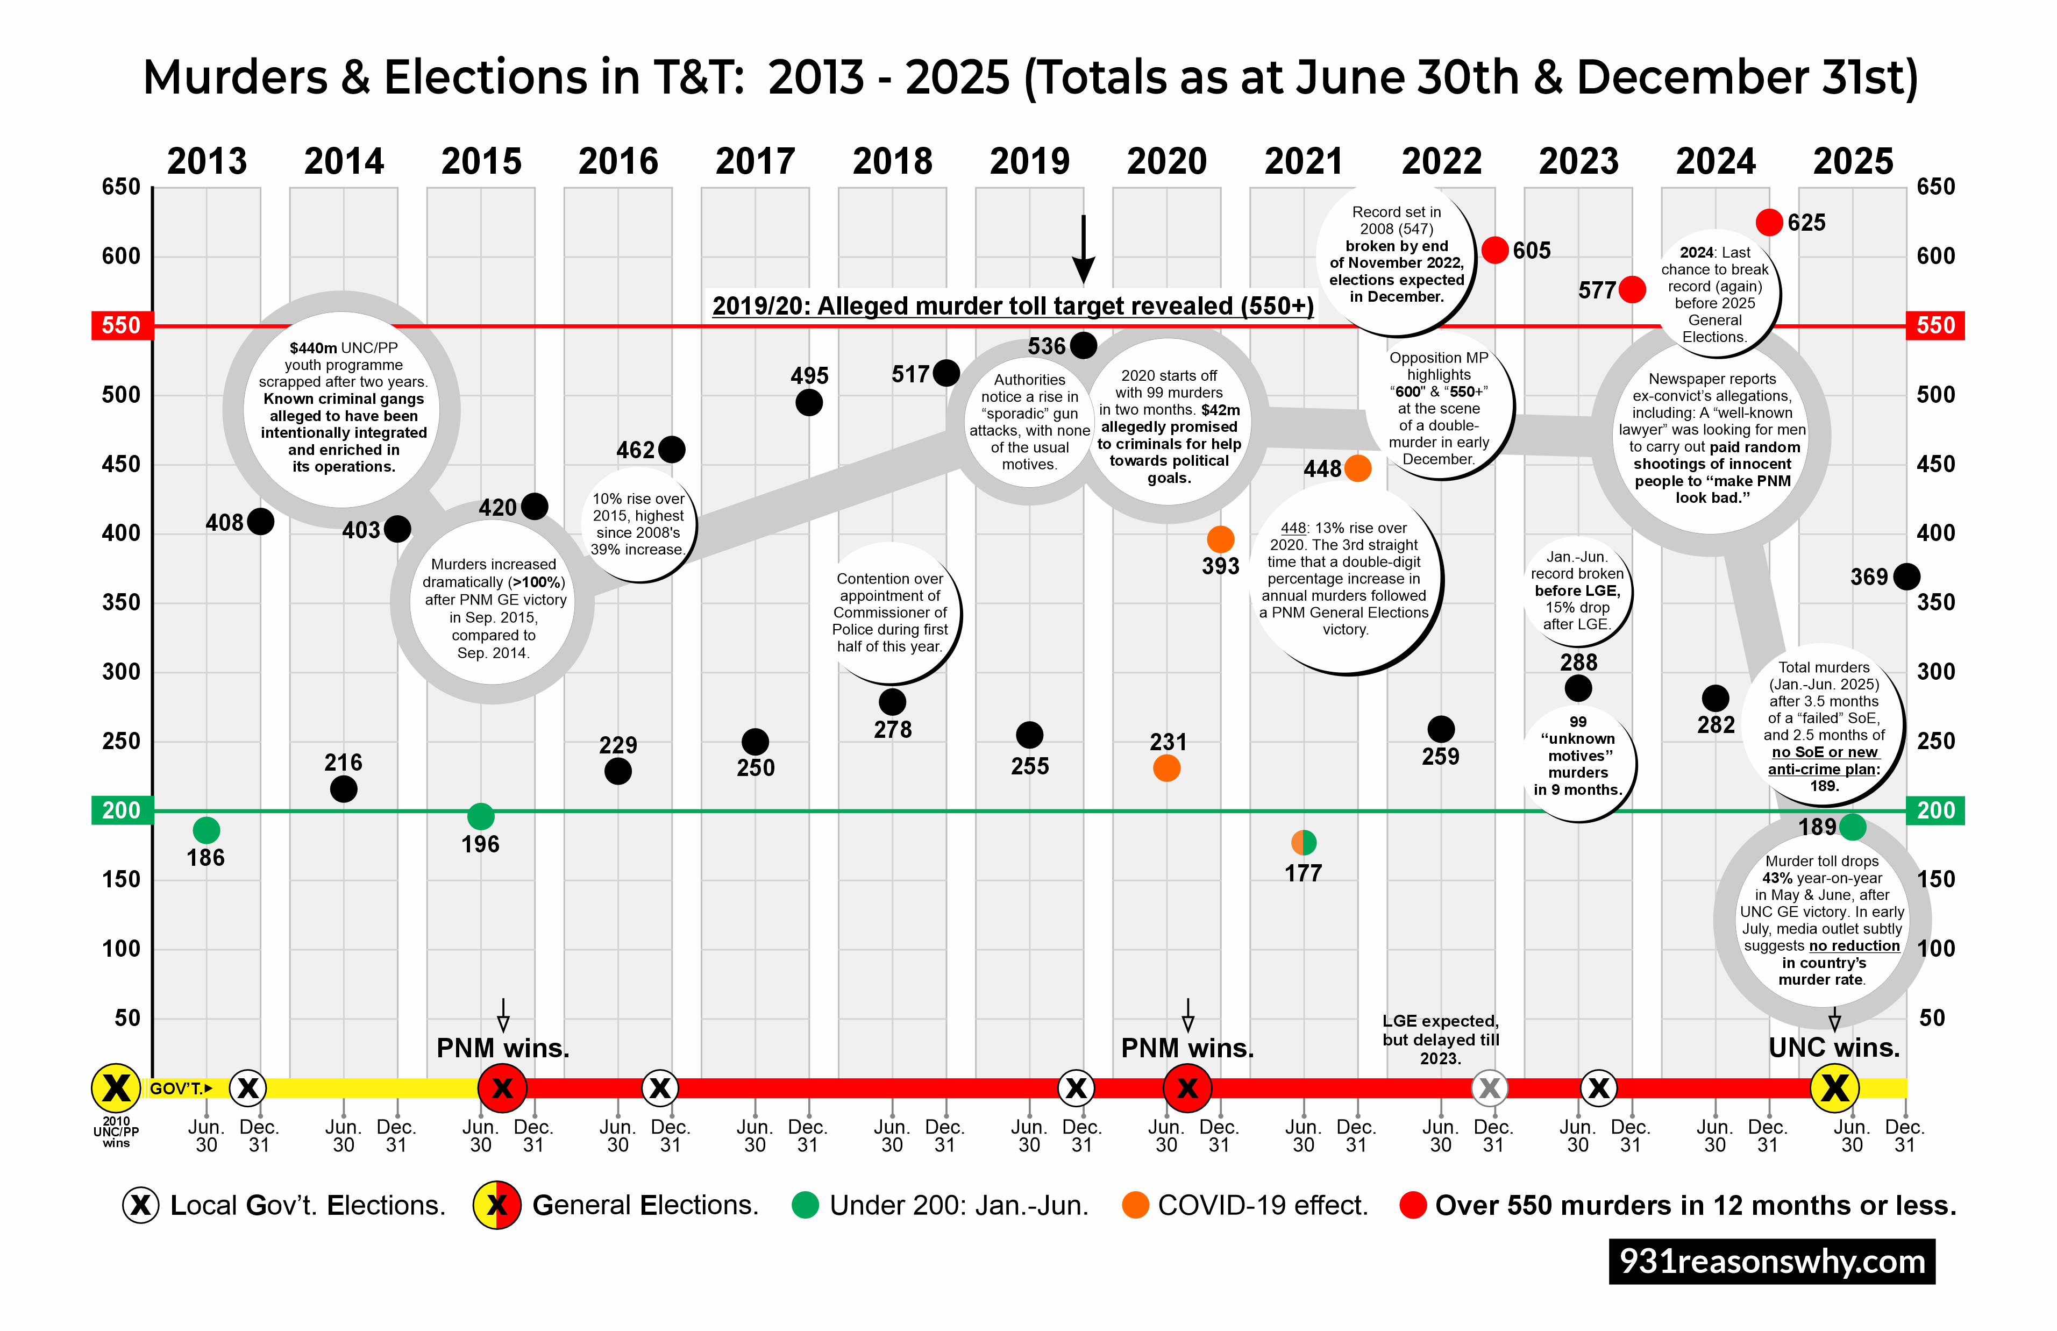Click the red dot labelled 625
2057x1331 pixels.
pyautogui.click(x=1768, y=222)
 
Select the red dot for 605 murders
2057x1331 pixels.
pyautogui.click(x=1494, y=250)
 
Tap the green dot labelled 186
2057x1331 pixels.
pyautogui.click(x=205, y=830)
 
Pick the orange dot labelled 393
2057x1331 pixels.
pyautogui.click(x=1220, y=539)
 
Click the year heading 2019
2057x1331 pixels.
pyautogui.click(x=1029, y=162)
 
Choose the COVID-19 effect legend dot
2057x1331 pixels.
pyautogui.click(x=1135, y=1205)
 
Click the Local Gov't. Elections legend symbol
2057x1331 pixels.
pyautogui.click(x=141, y=1205)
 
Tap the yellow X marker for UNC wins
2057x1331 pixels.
pyautogui.click(x=1834, y=1088)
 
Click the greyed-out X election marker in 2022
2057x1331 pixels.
pyautogui.click(x=1489, y=1088)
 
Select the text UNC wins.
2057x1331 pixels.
pyautogui.click(x=1834, y=1048)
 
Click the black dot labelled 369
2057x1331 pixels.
pyautogui.click(x=1906, y=576)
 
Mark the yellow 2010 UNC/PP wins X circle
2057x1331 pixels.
pyautogui.click(x=116, y=1088)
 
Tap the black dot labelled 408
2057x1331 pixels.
pyautogui.click(x=260, y=521)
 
